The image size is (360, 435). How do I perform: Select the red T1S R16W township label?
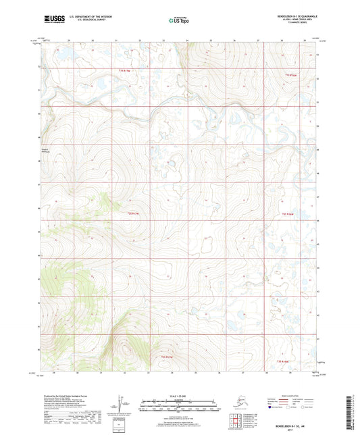coord(290,75)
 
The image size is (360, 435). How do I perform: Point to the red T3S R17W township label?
coord(167,356)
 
